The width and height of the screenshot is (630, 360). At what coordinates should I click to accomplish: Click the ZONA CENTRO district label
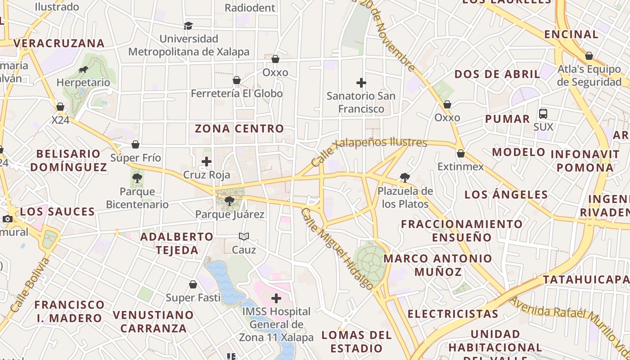click(x=239, y=129)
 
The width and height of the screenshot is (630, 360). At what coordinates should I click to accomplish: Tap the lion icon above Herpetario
click(x=83, y=69)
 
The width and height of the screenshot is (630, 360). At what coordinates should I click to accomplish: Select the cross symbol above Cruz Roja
click(x=207, y=161)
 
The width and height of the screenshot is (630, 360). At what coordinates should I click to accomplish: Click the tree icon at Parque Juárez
click(x=229, y=201)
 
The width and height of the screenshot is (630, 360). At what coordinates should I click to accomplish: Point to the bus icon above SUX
click(x=543, y=113)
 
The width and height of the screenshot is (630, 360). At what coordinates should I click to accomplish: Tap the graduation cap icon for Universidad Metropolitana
click(x=188, y=26)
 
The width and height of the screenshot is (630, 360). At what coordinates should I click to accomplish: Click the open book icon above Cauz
click(x=244, y=236)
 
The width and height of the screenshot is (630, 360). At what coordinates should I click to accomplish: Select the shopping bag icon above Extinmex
click(x=460, y=153)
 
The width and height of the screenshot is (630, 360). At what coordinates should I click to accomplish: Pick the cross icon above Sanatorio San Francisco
click(x=361, y=83)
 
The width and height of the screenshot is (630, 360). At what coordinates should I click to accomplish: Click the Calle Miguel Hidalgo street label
click(x=337, y=248)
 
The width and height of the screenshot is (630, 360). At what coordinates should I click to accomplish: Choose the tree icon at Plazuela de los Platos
click(x=405, y=178)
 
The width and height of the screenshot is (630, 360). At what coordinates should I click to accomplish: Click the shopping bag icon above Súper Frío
click(x=135, y=144)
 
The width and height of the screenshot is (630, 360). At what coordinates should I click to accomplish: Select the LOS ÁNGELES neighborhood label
click(x=506, y=195)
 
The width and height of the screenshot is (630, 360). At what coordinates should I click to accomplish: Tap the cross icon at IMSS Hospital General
click(x=276, y=298)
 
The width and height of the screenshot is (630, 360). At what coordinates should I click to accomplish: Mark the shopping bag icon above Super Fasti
click(x=193, y=284)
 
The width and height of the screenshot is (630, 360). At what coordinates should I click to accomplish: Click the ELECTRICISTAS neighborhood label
click(x=453, y=314)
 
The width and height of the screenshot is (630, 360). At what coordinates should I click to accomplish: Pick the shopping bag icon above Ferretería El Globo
click(x=237, y=80)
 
